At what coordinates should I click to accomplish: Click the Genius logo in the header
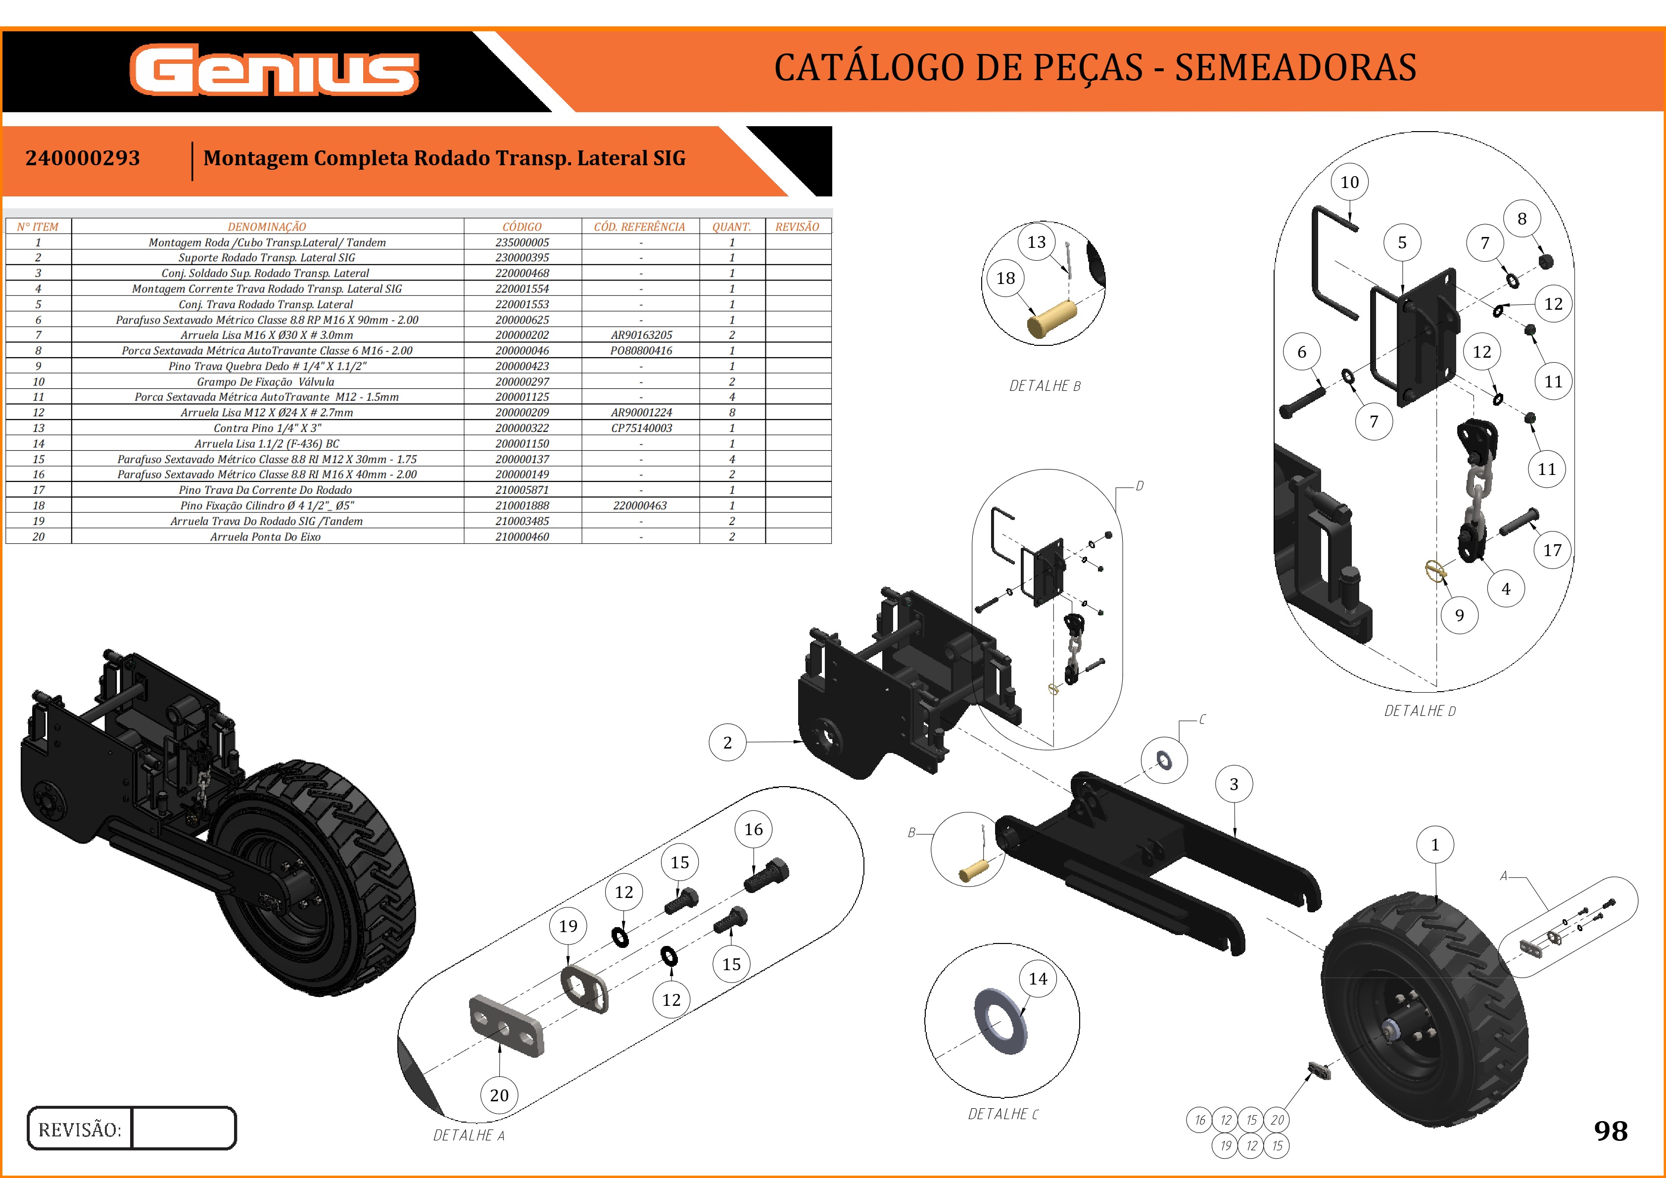pos(274,70)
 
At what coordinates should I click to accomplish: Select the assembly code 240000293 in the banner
pos(83,158)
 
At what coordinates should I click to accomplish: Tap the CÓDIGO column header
pos(522,226)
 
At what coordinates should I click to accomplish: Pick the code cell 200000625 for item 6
pos(522,320)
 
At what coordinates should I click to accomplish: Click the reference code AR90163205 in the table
pos(641,335)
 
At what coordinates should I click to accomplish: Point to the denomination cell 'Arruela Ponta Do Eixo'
pos(266,537)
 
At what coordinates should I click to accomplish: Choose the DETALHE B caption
pos(1045,386)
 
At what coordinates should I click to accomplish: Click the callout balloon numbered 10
pos(1349,182)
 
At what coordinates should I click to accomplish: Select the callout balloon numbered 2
pos(727,742)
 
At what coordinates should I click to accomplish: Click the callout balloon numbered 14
pos(1038,979)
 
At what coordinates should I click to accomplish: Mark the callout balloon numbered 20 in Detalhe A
pos(499,1094)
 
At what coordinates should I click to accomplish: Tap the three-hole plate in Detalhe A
pos(506,1026)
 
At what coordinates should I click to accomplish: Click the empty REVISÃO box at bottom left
pos(184,1129)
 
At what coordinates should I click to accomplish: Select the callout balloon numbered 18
pos(1005,278)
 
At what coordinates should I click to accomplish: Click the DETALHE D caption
pos(1419,711)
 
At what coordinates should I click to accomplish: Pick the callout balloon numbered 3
pos(1234,784)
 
